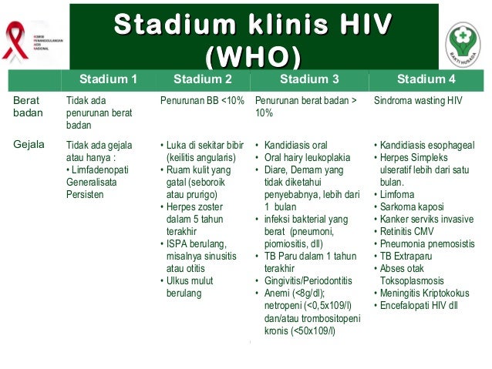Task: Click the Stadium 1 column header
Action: pyautogui.click(x=108, y=78)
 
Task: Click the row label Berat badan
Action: pyautogui.click(x=24, y=106)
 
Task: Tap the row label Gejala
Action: pyautogui.click(x=29, y=145)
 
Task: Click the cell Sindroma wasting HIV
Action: pyautogui.click(x=421, y=100)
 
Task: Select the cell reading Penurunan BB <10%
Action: pyautogui.click(x=204, y=100)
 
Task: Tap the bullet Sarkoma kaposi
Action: pyautogui.click(x=413, y=206)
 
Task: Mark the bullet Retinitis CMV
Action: pyautogui.click(x=409, y=231)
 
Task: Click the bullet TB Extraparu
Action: pyautogui.click(x=409, y=256)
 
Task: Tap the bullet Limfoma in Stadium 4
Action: pyautogui.click(x=400, y=194)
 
